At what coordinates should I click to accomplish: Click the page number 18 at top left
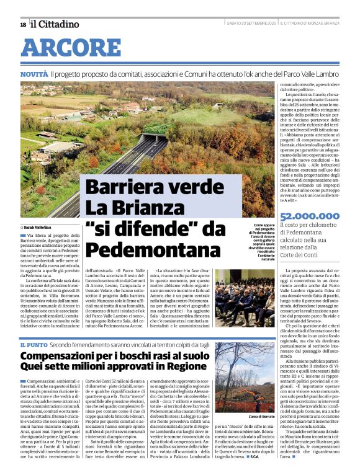pos(23,24)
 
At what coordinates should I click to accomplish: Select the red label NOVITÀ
pos(34,74)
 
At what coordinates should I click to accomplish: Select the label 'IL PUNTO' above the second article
pos(31,344)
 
